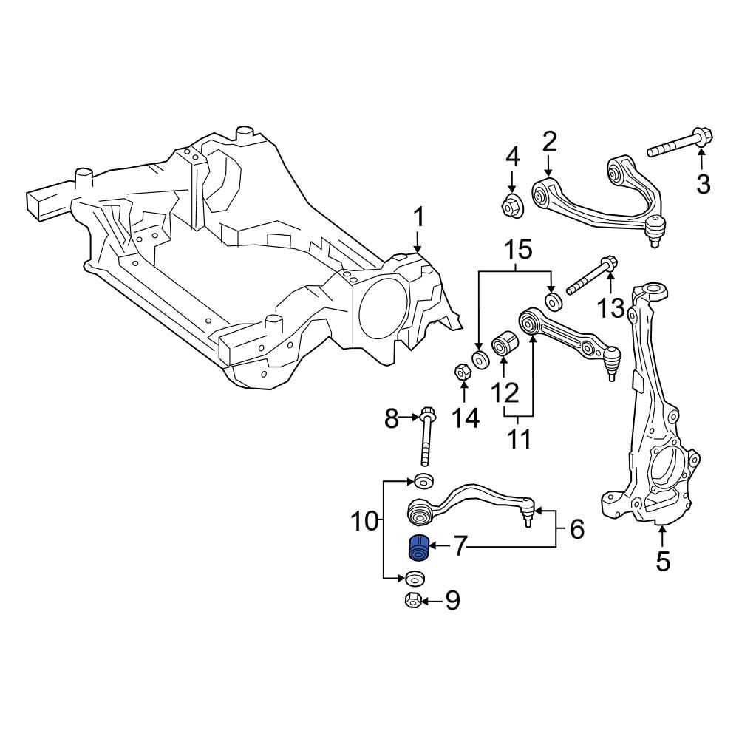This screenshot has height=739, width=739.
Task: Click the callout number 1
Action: click(x=418, y=219)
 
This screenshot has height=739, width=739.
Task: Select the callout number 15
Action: click(x=518, y=250)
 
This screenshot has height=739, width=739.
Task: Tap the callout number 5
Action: click(x=662, y=561)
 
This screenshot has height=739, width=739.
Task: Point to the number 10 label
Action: click(x=365, y=522)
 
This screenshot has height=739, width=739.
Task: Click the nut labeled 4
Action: click(x=510, y=206)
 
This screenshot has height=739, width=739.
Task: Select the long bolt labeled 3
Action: click(x=680, y=144)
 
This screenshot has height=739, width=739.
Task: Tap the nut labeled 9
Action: click(x=413, y=600)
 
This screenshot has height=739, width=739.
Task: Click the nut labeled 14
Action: click(x=462, y=372)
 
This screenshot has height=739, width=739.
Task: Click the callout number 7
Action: click(x=460, y=547)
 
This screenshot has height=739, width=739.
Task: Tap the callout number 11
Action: click(x=520, y=437)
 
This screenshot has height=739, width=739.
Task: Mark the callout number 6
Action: click(x=577, y=529)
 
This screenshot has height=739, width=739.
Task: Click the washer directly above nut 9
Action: click(x=414, y=578)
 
